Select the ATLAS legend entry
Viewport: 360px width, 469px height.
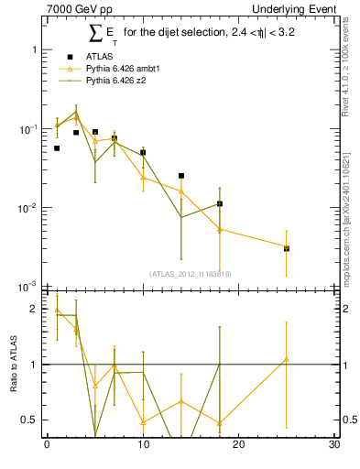[x=89, y=57]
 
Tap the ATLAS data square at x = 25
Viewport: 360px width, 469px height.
[x=287, y=248]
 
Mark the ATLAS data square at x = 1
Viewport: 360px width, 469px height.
[x=57, y=147]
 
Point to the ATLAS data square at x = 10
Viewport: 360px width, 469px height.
[x=143, y=152]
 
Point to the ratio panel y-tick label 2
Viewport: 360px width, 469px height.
[x=36, y=310]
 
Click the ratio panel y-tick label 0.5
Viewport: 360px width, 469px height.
[x=30, y=420]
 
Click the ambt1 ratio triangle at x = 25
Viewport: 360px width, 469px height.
[x=287, y=359]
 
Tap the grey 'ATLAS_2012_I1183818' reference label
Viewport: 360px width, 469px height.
[x=191, y=273]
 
